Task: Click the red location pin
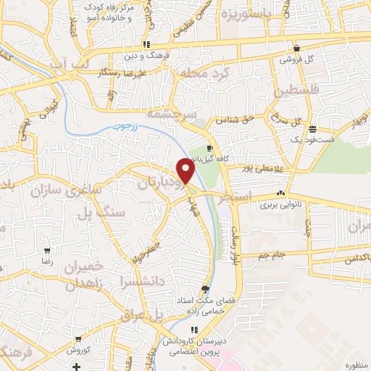click(186, 170)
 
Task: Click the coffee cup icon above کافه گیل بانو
click(209, 149)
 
